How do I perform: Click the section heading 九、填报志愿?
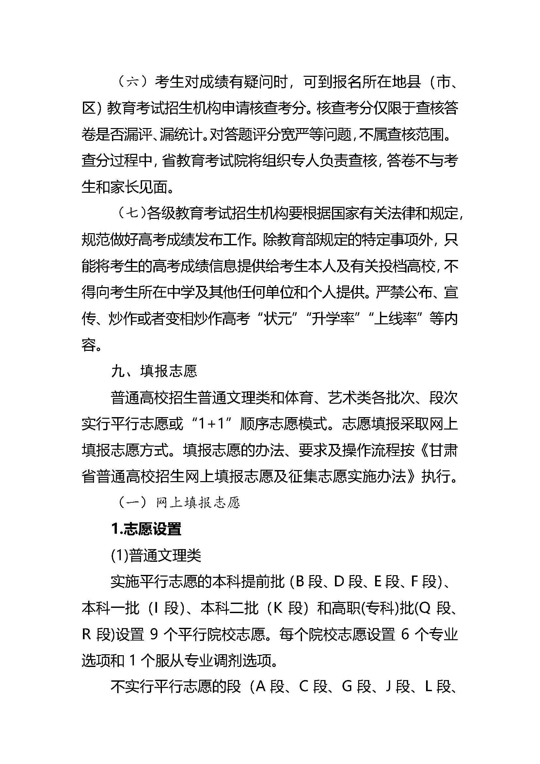point(154,371)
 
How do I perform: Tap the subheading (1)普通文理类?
point(156,555)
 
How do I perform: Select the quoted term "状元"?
point(277,319)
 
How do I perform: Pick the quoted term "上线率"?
point(395,319)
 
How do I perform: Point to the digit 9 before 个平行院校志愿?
point(154,635)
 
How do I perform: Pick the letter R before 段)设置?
point(87,635)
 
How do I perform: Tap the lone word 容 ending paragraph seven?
point(88,345)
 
